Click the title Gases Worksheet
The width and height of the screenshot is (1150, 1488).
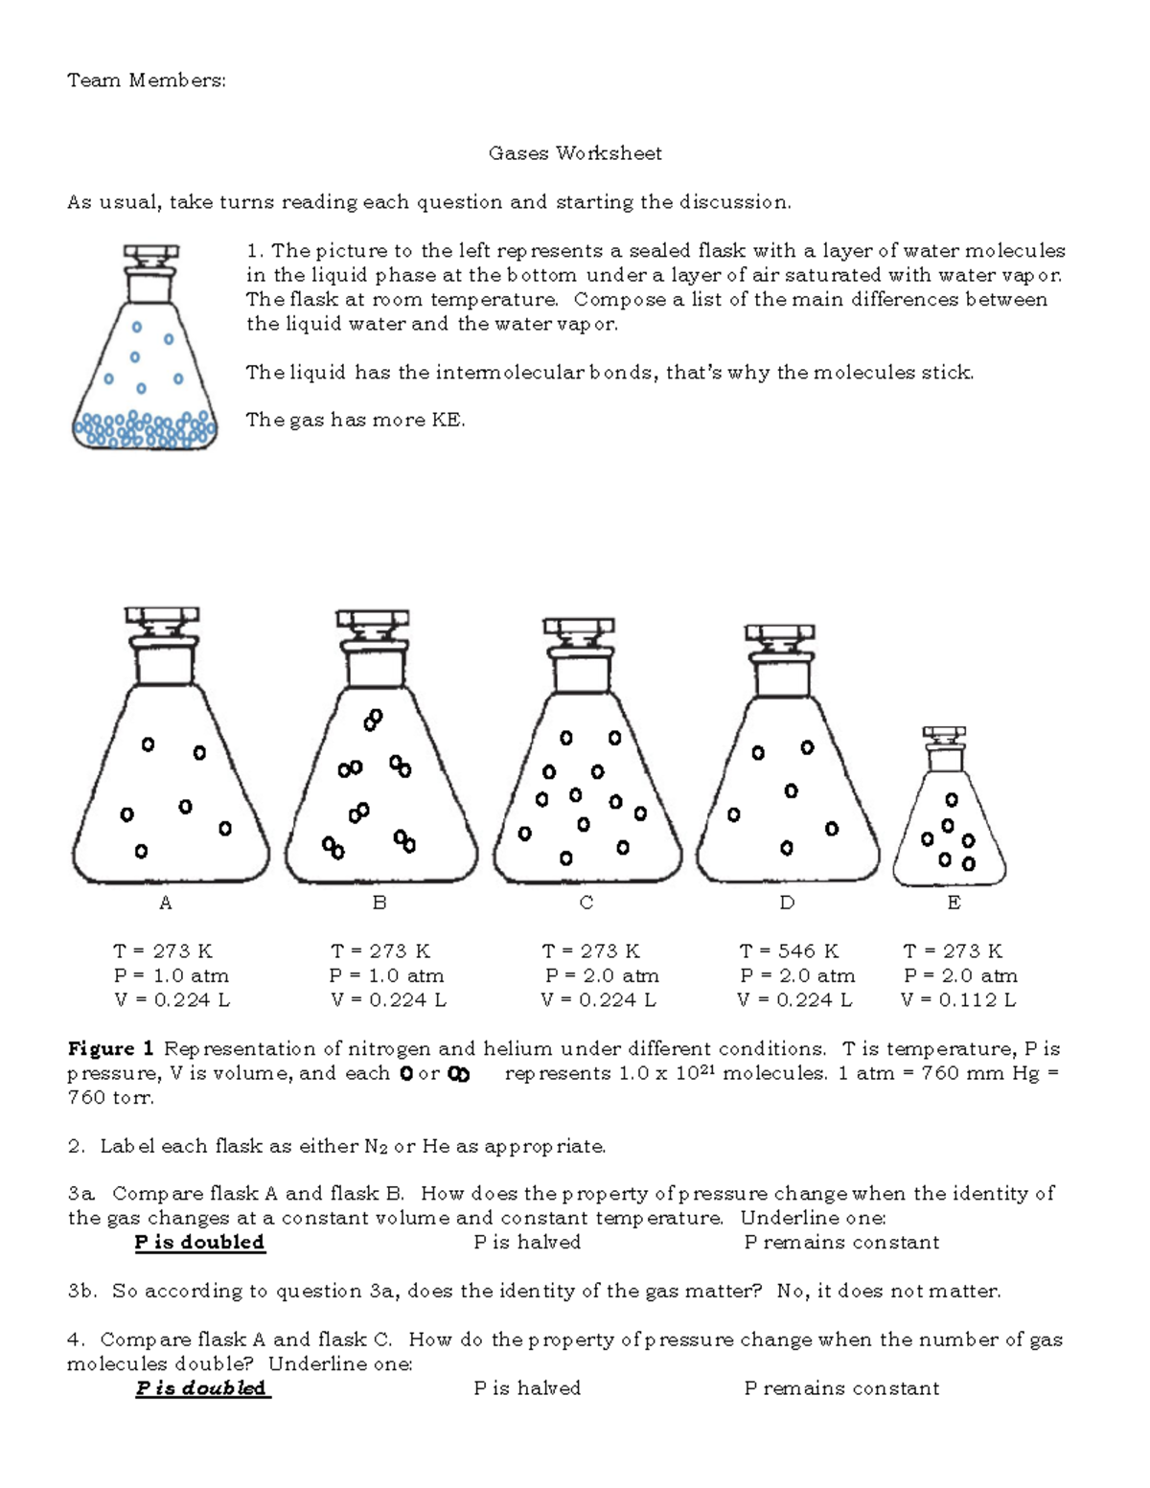tap(575, 153)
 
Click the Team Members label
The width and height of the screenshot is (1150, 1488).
tap(146, 80)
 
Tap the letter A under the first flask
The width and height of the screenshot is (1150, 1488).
tap(166, 903)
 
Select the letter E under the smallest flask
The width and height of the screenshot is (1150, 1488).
tap(954, 903)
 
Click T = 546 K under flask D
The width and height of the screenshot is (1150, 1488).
tap(789, 951)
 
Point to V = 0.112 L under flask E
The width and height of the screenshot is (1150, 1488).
tap(958, 1000)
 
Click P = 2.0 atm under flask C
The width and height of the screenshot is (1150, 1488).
tap(602, 976)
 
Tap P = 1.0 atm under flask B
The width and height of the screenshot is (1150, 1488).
tap(387, 976)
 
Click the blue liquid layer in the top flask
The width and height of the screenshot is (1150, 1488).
tap(144, 430)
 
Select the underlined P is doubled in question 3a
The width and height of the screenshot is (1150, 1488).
tap(199, 1243)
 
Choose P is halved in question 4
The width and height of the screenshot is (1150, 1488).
tap(527, 1388)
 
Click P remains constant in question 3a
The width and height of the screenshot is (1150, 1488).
tap(841, 1243)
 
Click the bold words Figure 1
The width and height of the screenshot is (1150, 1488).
tap(110, 1049)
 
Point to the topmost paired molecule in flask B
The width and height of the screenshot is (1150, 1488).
tap(373, 720)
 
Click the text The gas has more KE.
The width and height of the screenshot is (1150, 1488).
tap(356, 420)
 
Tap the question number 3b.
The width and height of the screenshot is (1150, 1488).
tap(82, 1292)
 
